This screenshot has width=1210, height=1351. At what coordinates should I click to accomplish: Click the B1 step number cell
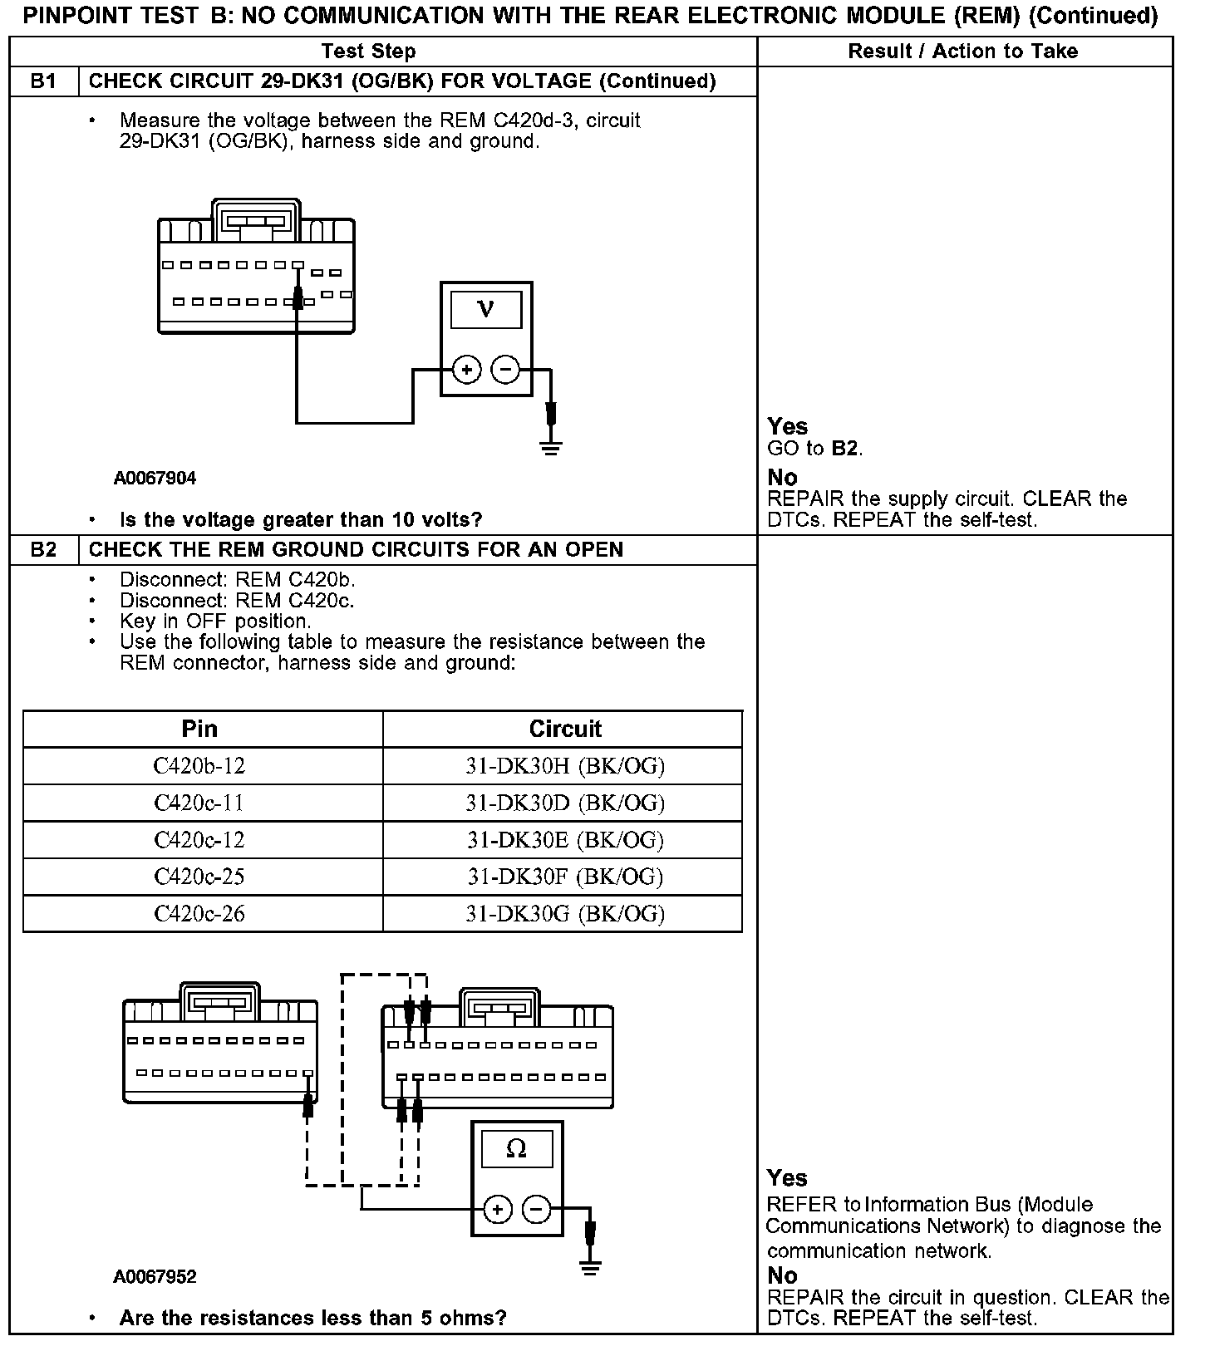click(43, 81)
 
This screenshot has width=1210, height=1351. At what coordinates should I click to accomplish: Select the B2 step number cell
click(43, 550)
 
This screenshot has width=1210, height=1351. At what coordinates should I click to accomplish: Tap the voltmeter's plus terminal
click(467, 370)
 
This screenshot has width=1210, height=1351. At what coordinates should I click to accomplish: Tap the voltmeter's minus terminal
click(505, 370)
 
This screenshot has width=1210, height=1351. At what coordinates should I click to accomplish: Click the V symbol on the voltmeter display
click(486, 310)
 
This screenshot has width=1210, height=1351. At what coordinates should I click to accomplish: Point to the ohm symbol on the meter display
click(516, 1149)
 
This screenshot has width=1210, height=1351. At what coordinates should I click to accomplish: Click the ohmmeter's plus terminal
click(497, 1210)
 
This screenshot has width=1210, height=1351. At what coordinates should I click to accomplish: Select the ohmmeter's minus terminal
click(536, 1210)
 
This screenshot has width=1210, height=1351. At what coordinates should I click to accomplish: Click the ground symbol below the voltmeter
click(550, 449)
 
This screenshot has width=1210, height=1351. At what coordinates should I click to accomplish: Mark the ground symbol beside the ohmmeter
click(590, 1268)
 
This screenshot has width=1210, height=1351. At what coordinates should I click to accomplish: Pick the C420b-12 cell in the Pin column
click(199, 766)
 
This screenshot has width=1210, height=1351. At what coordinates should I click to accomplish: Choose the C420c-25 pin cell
click(199, 877)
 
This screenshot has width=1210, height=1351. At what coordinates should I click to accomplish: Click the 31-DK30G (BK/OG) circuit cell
click(565, 914)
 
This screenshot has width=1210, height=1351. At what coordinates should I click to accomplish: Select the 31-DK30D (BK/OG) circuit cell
click(565, 803)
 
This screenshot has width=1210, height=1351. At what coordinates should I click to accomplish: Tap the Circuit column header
click(565, 729)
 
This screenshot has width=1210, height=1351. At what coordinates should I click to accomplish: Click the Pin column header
click(199, 729)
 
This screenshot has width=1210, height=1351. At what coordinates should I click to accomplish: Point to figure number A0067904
click(155, 479)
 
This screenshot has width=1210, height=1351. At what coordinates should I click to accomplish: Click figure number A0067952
click(155, 1276)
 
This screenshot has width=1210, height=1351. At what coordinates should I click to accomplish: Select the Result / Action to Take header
click(962, 52)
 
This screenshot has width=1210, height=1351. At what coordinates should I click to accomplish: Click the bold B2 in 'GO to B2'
click(844, 449)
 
